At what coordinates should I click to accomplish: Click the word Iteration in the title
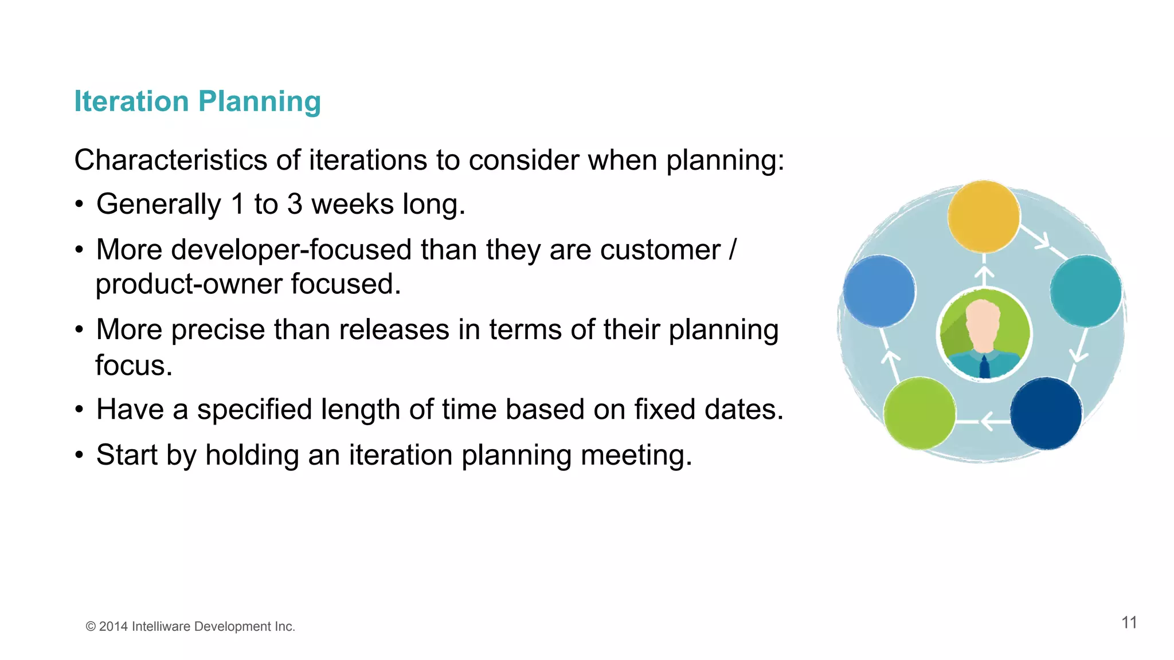click(131, 101)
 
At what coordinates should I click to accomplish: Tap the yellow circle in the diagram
click(984, 217)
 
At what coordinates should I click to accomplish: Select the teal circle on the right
click(1086, 291)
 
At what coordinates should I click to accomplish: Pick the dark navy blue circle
click(1046, 413)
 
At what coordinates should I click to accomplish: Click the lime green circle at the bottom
click(919, 413)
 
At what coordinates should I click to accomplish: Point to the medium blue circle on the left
click(879, 291)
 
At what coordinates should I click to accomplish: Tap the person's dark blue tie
click(984, 367)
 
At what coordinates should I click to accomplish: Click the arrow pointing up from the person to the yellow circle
click(984, 274)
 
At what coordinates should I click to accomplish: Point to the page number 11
click(1129, 623)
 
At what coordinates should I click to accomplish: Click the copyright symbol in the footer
click(91, 627)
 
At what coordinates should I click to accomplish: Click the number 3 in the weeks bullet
click(295, 204)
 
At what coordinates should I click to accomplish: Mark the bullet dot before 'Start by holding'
click(80, 455)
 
